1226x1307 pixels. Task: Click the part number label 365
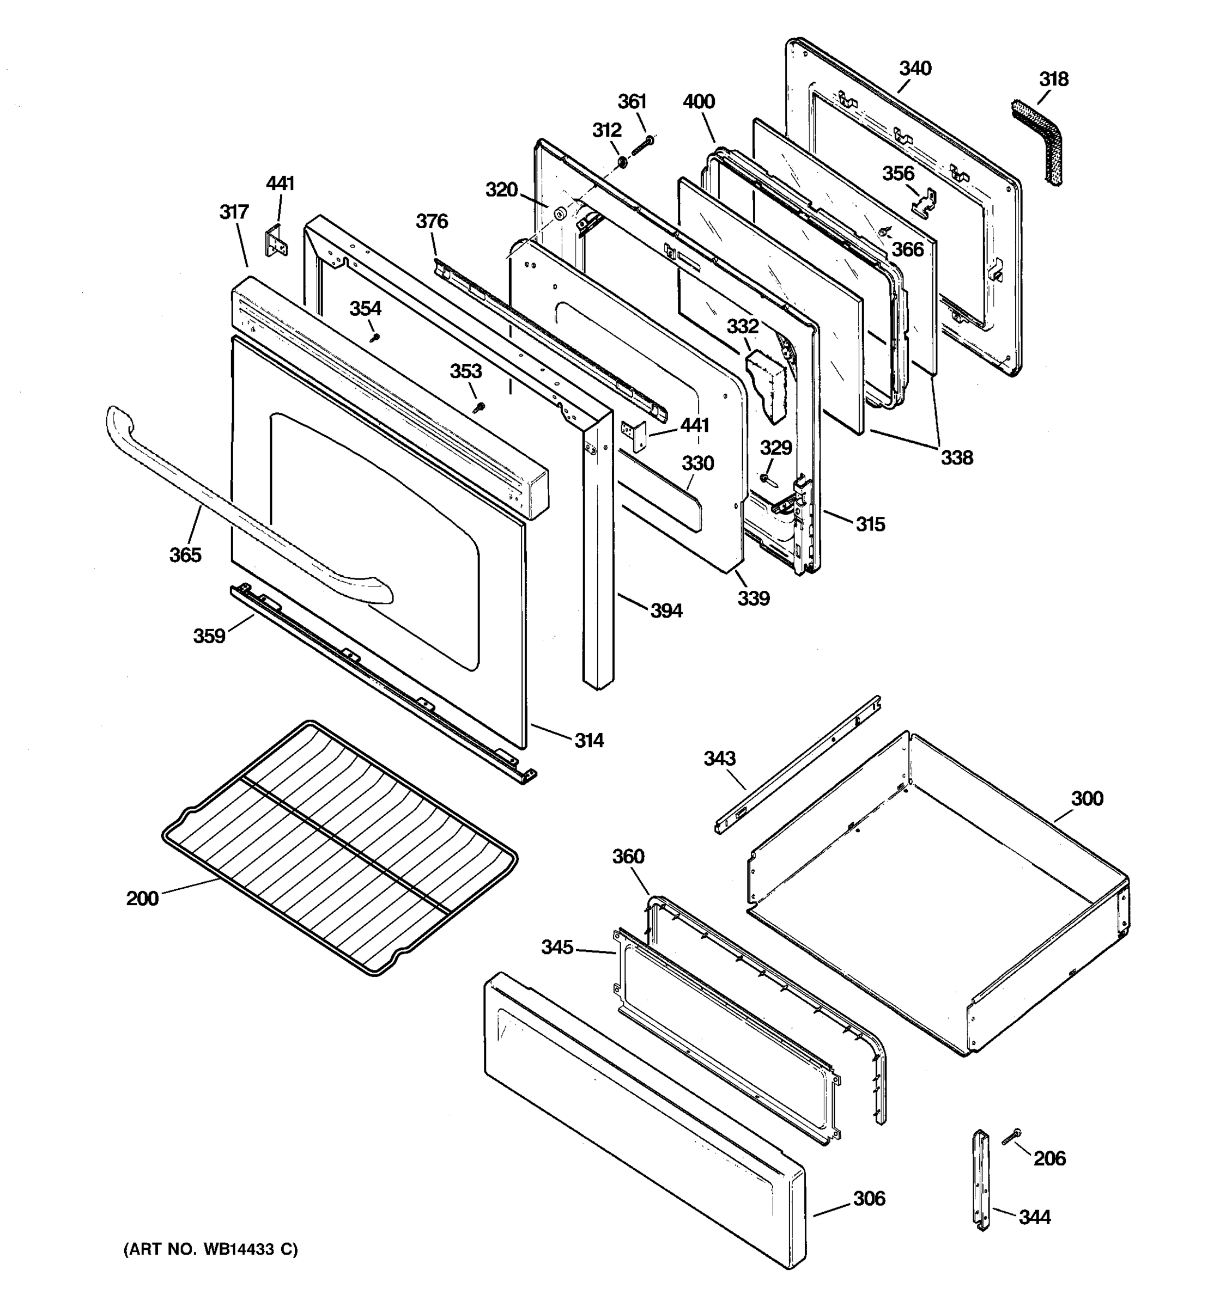[185, 555]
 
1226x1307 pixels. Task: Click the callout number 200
[142, 898]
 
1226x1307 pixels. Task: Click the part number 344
[1034, 1218]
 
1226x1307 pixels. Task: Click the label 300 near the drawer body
[1087, 799]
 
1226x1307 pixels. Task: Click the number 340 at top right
[915, 69]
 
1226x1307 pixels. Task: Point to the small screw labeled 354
[375, 337]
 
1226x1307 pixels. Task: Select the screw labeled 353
[480, 407]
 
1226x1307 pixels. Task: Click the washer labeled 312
[622, 161]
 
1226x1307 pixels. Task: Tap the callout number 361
[632, 102]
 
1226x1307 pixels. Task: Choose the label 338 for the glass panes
[956, 457]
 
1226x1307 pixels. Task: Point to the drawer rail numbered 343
[796, 766]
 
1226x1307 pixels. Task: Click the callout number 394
[666, 611]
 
